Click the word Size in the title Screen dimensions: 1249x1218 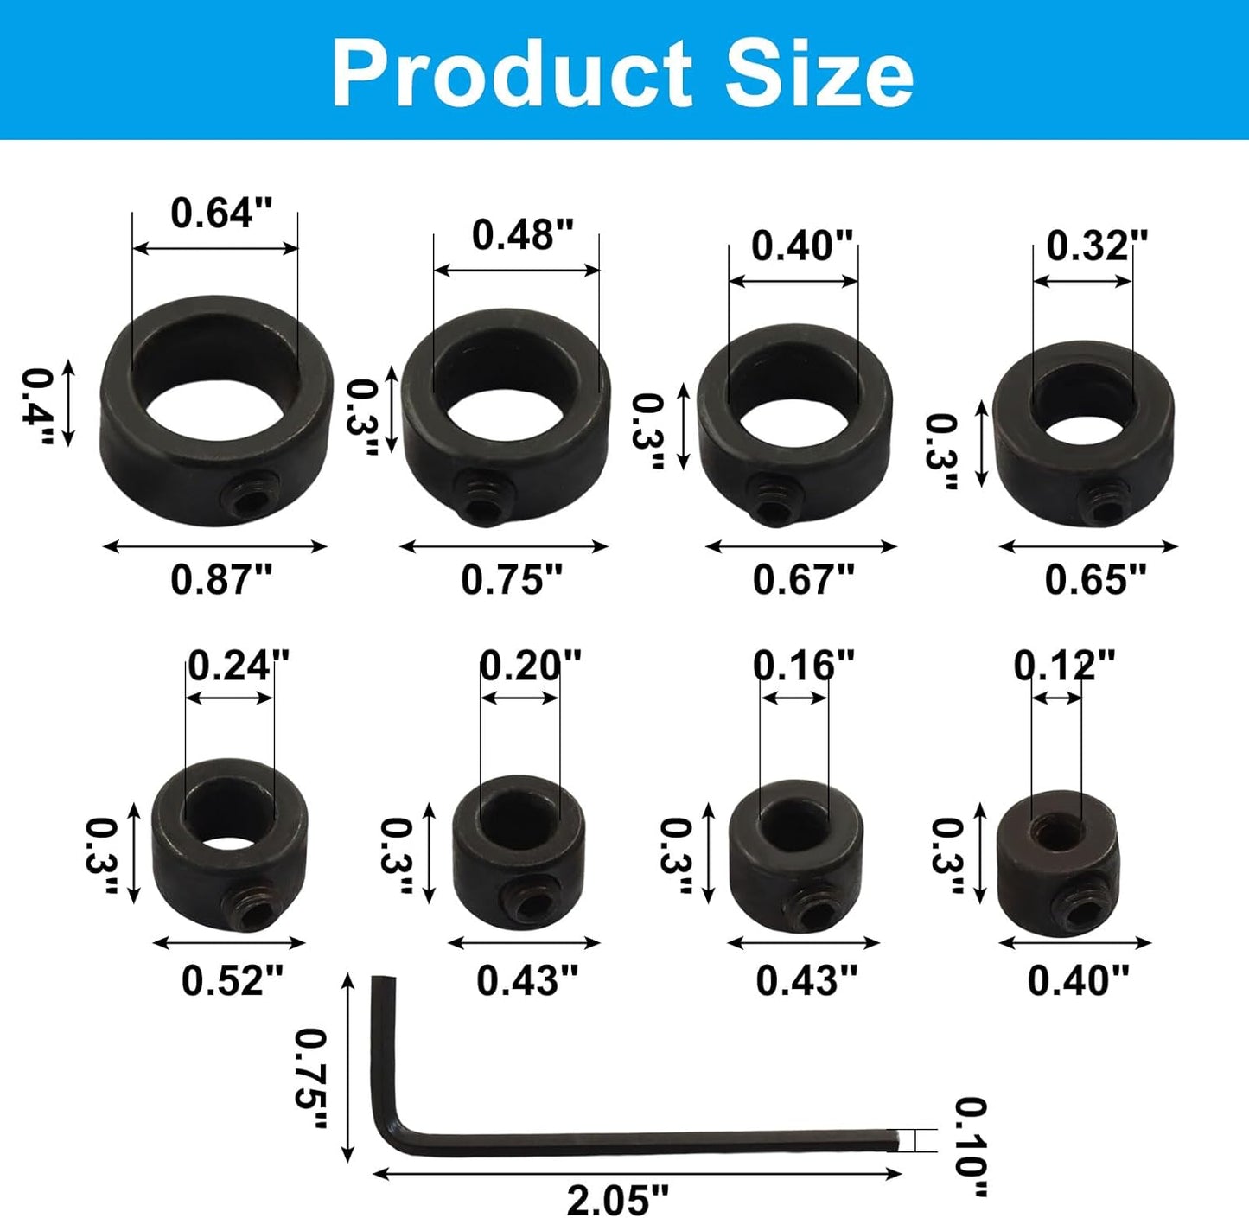819,73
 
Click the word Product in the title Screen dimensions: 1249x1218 513,73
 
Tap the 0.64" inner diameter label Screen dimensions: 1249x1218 222,214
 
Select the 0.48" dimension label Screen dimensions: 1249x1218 523,235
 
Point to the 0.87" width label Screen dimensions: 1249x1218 222,579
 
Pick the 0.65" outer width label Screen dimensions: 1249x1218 1096,579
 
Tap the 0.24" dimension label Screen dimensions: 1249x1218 239,666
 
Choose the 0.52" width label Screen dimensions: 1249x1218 233,980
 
